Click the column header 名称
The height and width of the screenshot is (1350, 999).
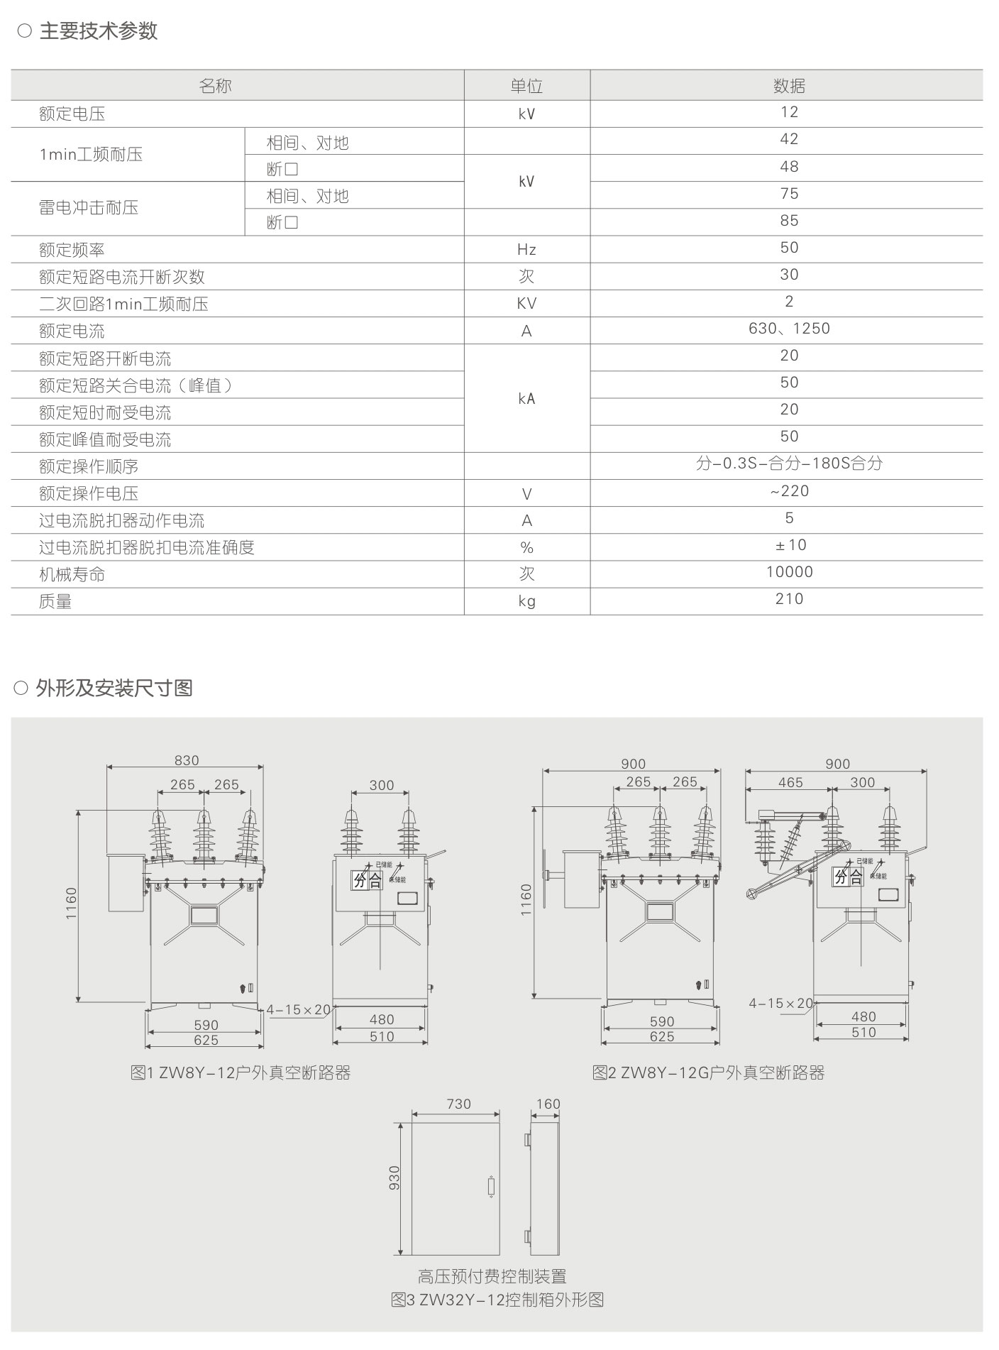[x=216, y=86]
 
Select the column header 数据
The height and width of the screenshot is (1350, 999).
[x=789, y=86]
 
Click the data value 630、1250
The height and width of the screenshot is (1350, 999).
[x=789, y=329]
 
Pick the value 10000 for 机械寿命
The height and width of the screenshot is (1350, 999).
[x=789, y=572]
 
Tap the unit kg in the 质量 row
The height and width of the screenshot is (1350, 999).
[x=526, y=601]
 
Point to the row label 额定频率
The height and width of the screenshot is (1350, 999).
[x=72, y=250]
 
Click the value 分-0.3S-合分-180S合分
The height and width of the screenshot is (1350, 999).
[x=789, y=463]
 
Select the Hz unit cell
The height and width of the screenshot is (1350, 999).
[x=526, y=250]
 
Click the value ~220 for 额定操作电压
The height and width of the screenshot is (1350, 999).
[x=789, y=491]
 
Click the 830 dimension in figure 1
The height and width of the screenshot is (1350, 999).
[x=187, y=760]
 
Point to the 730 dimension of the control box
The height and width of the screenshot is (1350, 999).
[x=459, y=1104]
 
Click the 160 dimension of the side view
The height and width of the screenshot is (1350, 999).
[x=548, y=1104]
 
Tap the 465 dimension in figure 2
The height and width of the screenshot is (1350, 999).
[x=790, y=782]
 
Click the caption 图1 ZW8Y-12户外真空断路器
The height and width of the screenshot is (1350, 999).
[x=241, y=1072]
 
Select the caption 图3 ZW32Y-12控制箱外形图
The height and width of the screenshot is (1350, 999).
[x=497, y=1300]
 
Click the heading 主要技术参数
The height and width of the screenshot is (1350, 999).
[x=98, y=31]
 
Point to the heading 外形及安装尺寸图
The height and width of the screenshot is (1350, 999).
[x=114, y=688]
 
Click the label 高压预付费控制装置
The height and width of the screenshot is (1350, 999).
[x=492, y=1276]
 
